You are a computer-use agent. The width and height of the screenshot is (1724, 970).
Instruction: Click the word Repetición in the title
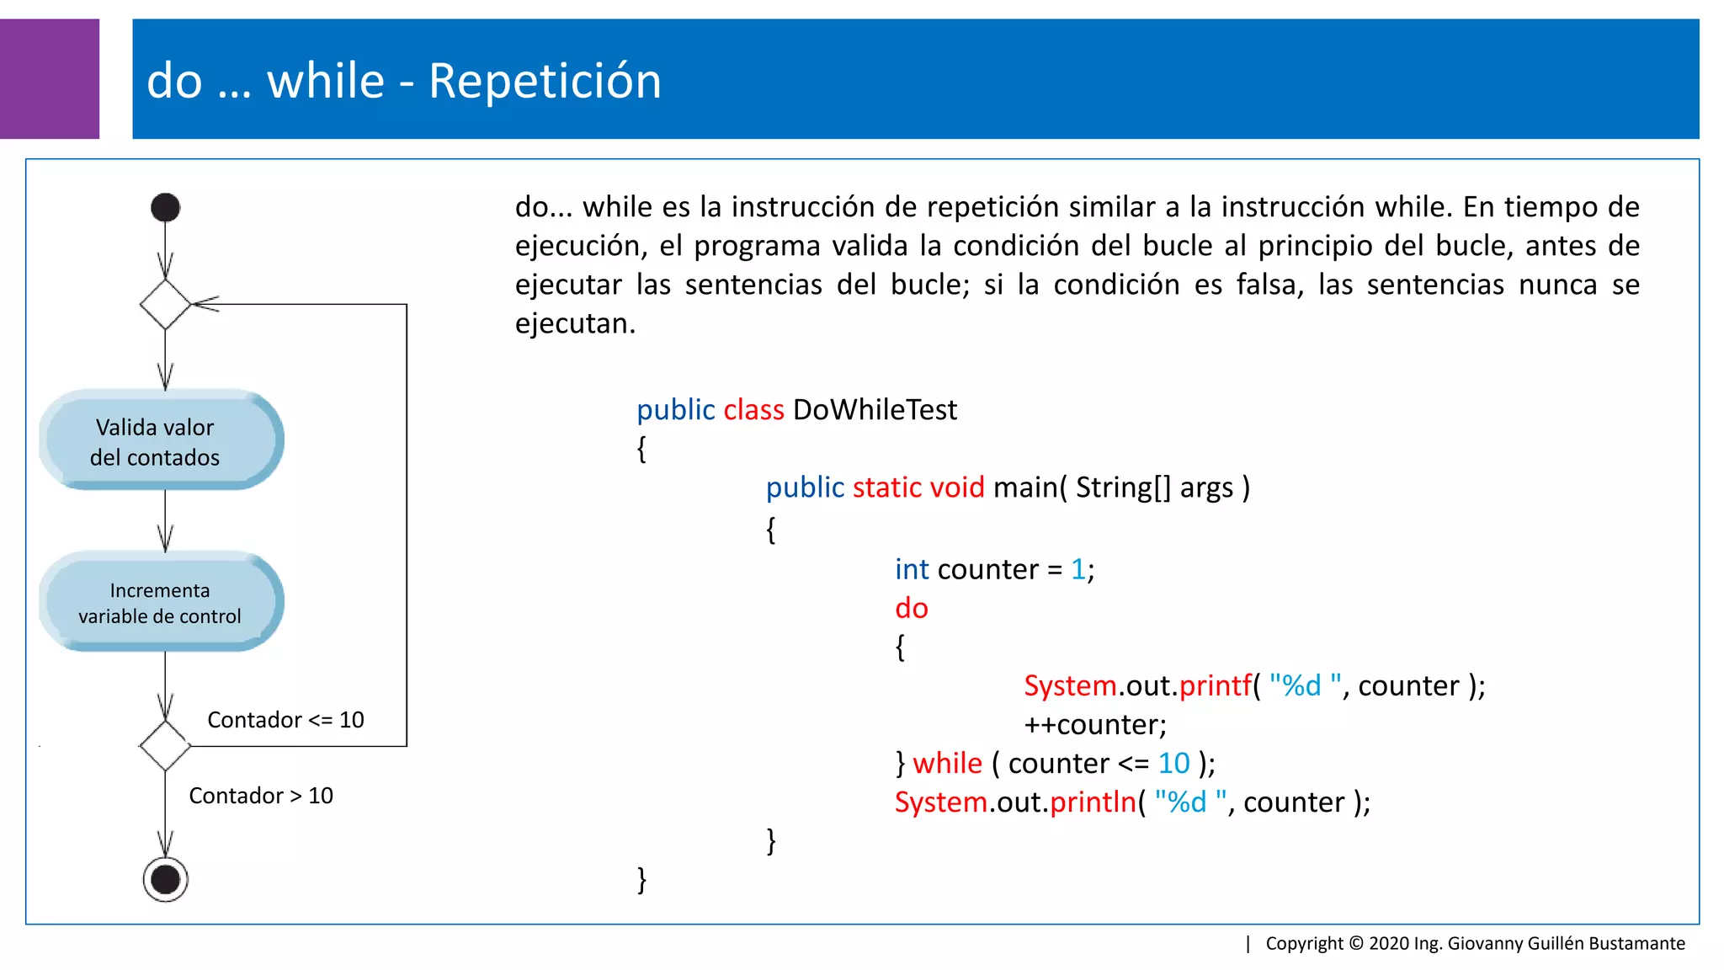coord(545,82)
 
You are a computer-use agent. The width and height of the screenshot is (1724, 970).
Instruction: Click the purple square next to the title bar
coord(49,79)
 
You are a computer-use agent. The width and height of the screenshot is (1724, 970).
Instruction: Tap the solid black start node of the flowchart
coord(165,207)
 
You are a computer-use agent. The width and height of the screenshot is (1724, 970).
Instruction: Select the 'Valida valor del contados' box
coord(160,441)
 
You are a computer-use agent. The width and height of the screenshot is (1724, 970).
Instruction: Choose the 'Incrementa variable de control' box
coord(160,603)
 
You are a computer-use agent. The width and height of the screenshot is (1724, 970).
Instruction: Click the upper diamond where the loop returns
coord(165,304)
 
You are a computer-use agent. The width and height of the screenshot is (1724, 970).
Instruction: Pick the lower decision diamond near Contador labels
coord(165,745)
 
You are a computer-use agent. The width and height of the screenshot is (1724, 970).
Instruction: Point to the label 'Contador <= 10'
coord(285,720)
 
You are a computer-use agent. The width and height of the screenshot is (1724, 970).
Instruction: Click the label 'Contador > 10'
coord(261,796)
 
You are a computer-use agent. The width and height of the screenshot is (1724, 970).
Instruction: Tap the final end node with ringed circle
coord(165,880)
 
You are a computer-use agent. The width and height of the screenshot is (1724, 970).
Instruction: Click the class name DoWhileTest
coord(875,410)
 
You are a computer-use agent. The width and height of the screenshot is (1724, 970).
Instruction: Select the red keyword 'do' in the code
coord(911,608)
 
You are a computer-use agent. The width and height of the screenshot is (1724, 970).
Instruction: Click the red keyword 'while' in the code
coord(947,764)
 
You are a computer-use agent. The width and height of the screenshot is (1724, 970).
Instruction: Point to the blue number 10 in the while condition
coord(1173,764)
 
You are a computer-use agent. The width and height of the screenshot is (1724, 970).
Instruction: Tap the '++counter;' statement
coord(1095,725)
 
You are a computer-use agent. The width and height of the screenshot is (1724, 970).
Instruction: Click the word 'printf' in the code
coord(1216,686)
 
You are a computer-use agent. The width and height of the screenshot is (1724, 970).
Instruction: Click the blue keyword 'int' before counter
coord(911,570)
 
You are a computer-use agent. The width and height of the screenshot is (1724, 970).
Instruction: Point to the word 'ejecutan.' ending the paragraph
coord(575,323)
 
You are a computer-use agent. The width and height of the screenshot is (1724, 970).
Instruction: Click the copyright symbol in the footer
coord(1356,943)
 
